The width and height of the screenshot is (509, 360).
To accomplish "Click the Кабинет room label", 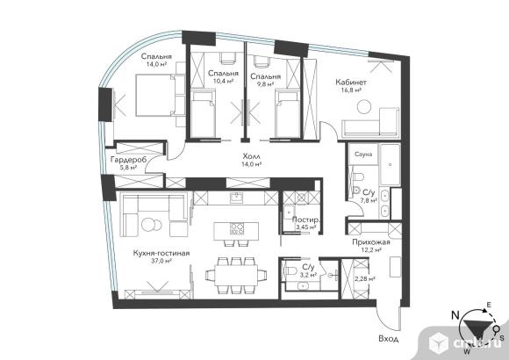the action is tap(351, 82).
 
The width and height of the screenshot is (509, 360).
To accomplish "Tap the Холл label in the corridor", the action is tap(251, 156).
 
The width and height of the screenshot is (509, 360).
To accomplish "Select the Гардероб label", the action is tap(128, 160).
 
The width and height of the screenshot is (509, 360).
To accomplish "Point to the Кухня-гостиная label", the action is tap(161, 253).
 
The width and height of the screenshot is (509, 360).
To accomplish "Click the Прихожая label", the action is tap(371, 242).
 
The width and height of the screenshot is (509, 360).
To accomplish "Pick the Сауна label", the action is tap(363, 154).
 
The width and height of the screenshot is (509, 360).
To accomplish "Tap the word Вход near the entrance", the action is tap(388, 339).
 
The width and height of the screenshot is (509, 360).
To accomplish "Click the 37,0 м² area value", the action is tap(161, 261).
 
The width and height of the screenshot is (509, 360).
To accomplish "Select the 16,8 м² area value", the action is tap(352, 90).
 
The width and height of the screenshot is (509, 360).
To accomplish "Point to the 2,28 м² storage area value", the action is tap(365, 278).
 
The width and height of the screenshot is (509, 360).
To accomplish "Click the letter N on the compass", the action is tap(455, 314).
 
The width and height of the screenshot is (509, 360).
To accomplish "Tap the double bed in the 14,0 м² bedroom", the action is tap(153, 95).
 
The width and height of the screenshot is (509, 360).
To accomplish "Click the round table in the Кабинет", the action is tap(364, 106).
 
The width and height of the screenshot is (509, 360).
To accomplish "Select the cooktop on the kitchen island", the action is tap(237, 228).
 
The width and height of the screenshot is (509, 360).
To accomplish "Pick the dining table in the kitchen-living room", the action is tap(236, 275).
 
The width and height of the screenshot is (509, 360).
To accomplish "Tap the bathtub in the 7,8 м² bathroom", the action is tap(390, 164).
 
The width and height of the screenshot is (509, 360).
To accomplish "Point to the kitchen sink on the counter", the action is tap(236, 198).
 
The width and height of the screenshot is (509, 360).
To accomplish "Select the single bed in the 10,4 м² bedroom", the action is tap(204, 114).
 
